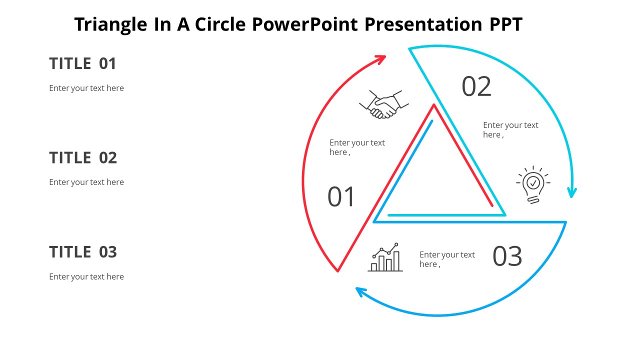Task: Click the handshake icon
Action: [x=384, y=104]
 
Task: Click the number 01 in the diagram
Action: [x=341, y=196]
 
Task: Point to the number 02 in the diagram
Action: [x=476, y=86]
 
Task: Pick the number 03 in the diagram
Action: [x=507, y=256]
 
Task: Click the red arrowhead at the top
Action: [x=381, y=59]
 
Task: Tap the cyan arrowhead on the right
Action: [x=572, y=192]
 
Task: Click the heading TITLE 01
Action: [x=82, y=63]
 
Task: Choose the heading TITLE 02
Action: [x=83, y=157]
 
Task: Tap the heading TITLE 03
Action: [x=83, y=251]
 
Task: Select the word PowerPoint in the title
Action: [x=305, y=24]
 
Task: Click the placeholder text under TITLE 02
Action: [x=86, y=182]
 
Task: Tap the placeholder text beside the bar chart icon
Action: [x=446, y=259]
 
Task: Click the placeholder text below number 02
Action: [x=510, y=129]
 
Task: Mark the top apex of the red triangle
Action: [x=434, y=105]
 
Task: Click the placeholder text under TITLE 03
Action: [x=86, y=276]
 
